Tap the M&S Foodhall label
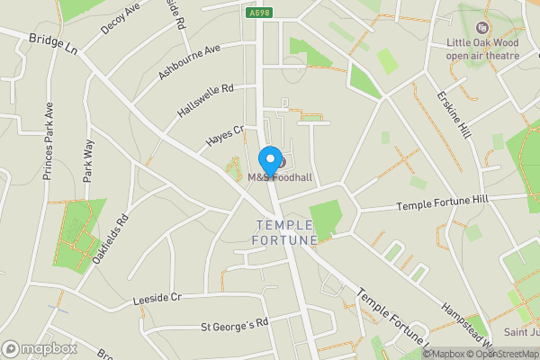point(280,178)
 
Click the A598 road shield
point(258,11)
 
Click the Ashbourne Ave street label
point(189,62)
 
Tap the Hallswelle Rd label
point(205,100)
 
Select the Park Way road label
point(88,159)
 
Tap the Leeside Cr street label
point(157,298)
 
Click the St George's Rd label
point(234,322)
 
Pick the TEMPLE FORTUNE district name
point(286,232)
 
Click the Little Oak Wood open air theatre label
point(484,48)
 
